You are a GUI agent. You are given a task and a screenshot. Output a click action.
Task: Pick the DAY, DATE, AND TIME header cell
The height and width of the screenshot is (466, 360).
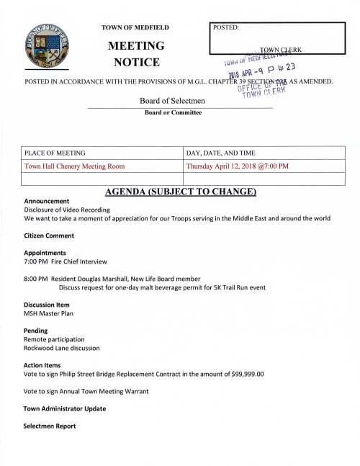click(x=221, y=153)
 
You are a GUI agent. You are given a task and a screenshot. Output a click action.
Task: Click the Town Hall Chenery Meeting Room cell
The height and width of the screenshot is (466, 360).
click(x=75, y=166)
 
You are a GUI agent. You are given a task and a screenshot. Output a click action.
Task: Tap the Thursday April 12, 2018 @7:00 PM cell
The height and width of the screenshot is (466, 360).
click(x=238, y=166)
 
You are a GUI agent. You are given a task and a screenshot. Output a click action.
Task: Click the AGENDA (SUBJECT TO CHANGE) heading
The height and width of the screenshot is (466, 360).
click(x=180, y=192)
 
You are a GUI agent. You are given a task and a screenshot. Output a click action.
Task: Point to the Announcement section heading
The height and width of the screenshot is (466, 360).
click(x=47, y=201)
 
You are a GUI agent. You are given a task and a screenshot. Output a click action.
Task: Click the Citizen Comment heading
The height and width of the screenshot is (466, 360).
click(x=49, y=236)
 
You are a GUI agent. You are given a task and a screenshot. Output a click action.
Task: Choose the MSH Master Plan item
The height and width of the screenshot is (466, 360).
click(x=48, y=313)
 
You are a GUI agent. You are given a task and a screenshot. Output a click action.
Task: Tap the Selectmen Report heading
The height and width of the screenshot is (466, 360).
click(x=53, y=426)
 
